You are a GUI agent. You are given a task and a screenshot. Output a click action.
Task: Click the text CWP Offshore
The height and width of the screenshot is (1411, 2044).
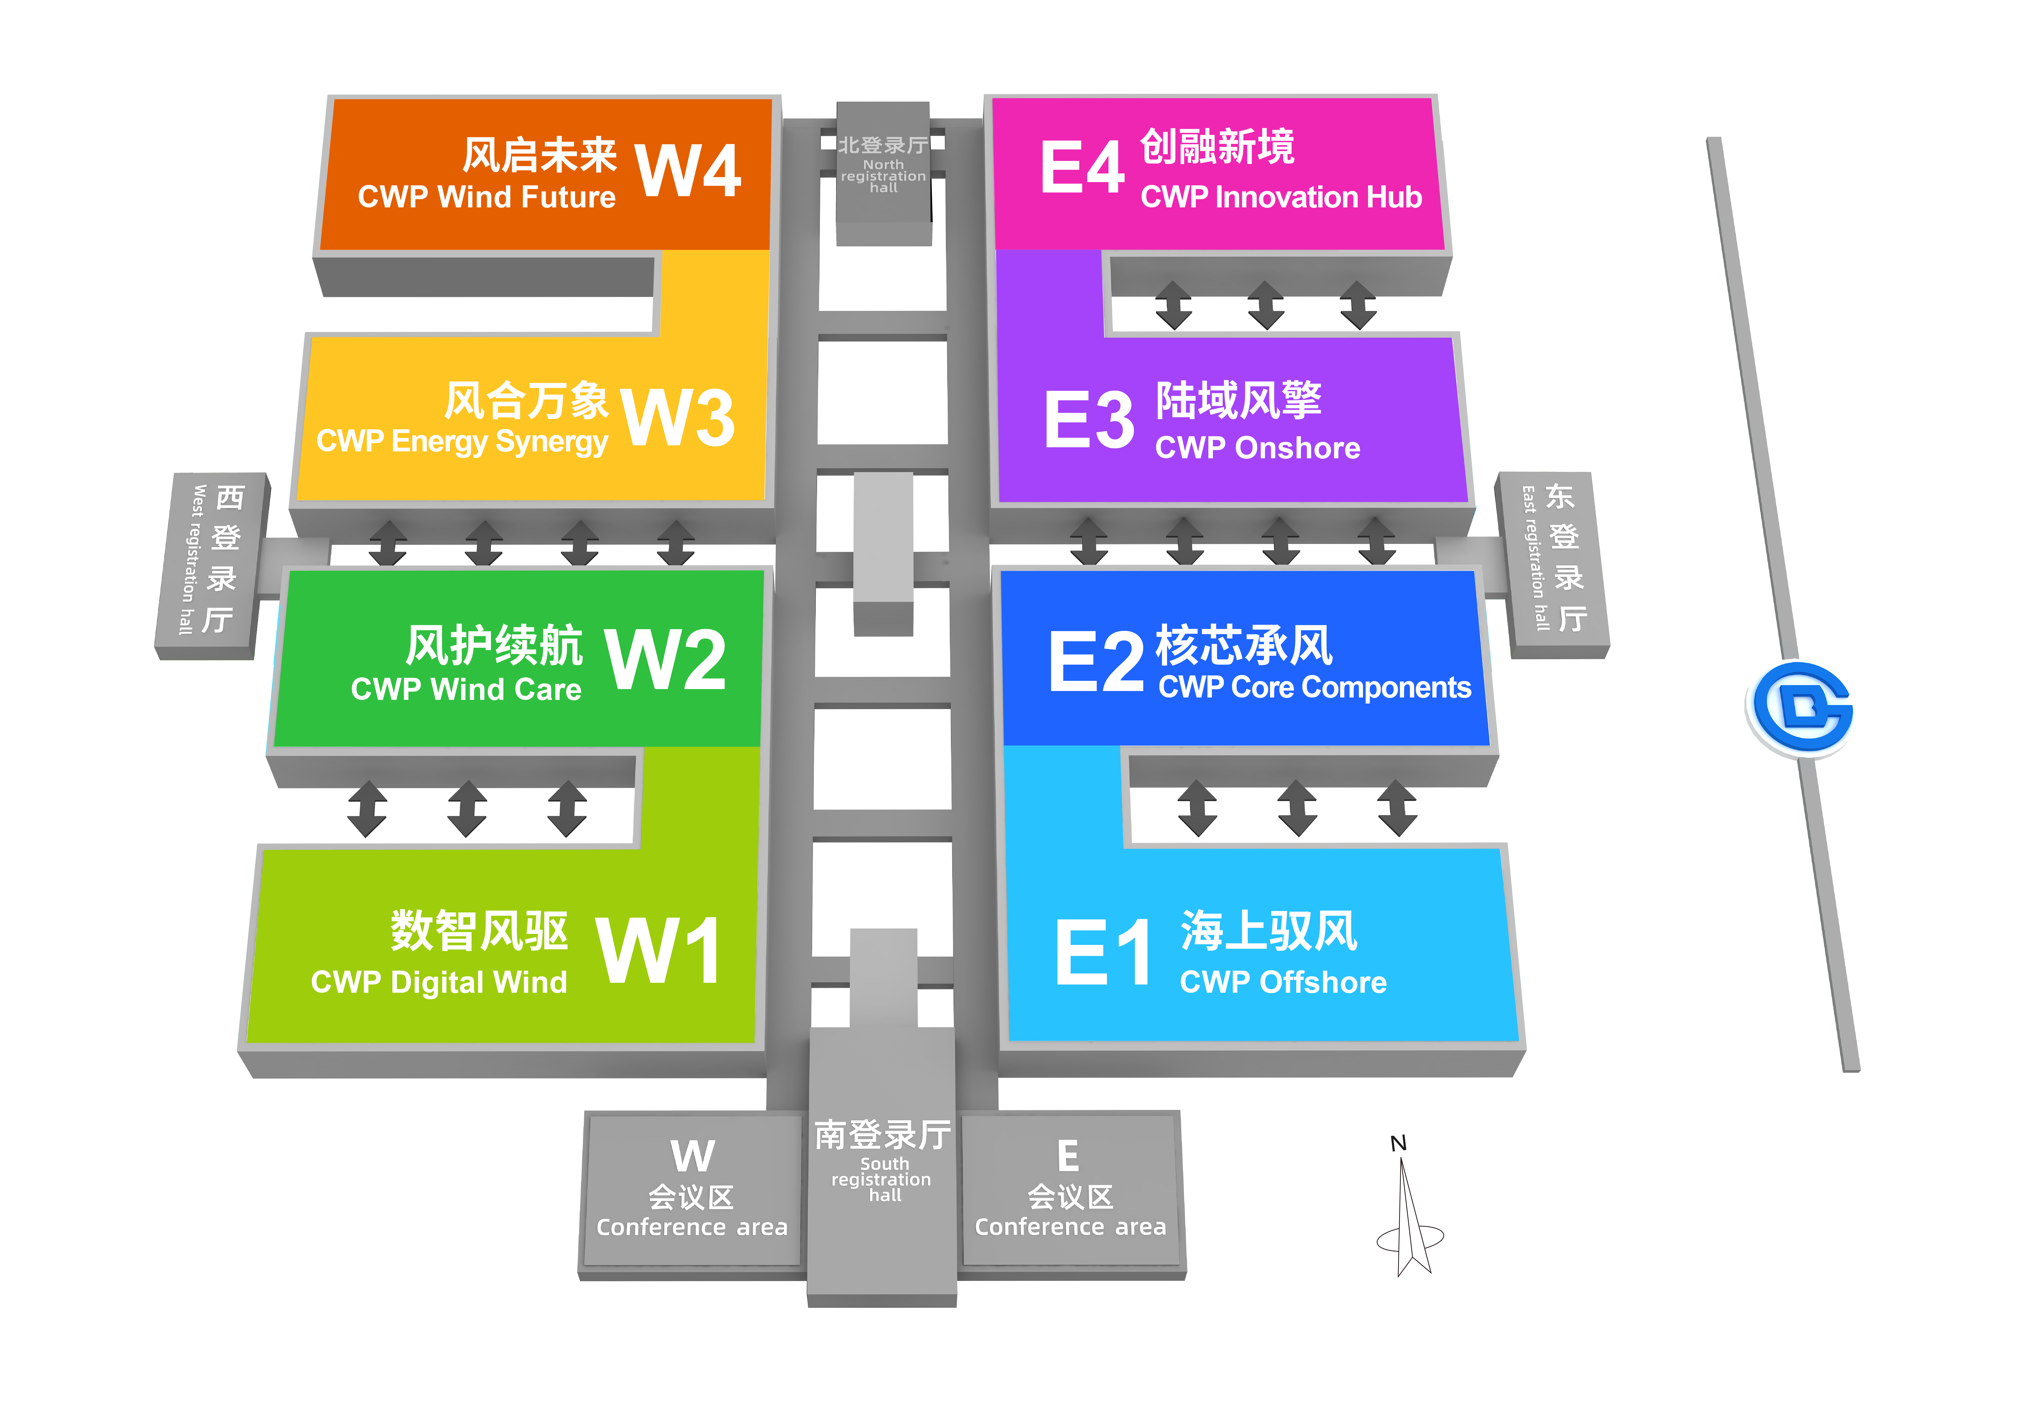coord(1283,982)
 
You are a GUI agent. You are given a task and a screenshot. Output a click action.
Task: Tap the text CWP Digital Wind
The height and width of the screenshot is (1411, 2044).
coord(438,982)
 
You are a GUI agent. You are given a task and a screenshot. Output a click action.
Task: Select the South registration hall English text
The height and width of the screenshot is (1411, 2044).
coord(882,1179)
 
